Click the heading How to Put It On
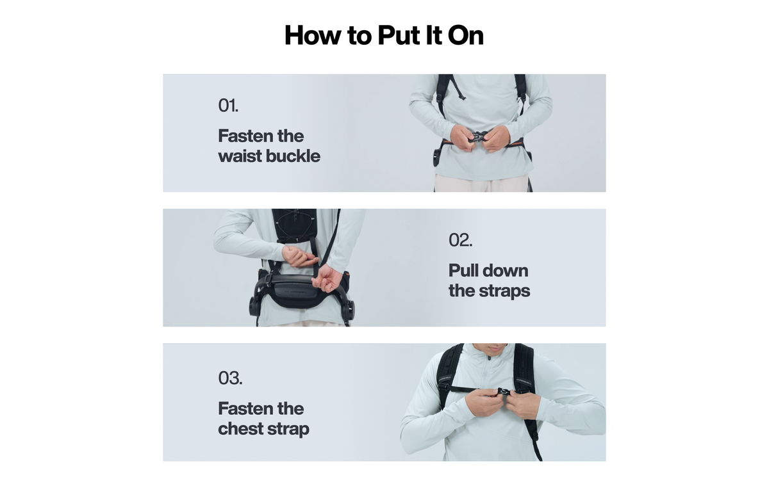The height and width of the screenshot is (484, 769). pyautogui.click(x=384, y=35)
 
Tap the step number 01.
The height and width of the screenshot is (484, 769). pyautogui.click(x=228, y=105)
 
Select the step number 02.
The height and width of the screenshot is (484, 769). pyautogui.click(x=460, y=240)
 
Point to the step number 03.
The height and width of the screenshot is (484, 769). pyautogui.click(x=230, y=378)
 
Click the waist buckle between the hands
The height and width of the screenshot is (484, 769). pyautogui.click(x=479, y=137)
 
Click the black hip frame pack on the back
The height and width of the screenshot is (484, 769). pyautogui.click(x=298, y=291)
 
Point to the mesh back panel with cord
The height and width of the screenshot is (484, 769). pyautogui.click(x=294, y=226)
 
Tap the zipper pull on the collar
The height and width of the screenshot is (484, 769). pyautogui.click(x=489, y=358)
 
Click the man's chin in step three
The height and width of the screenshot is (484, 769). pyautogui.click(x=493, y=349)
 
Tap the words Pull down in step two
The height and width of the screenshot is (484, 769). pyautogui.click(x=488, y=271)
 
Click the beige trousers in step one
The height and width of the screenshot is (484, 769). pyautogui.click(x=481, y=183)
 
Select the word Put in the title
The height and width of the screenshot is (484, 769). pyautogui.click(x=399, y=35)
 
